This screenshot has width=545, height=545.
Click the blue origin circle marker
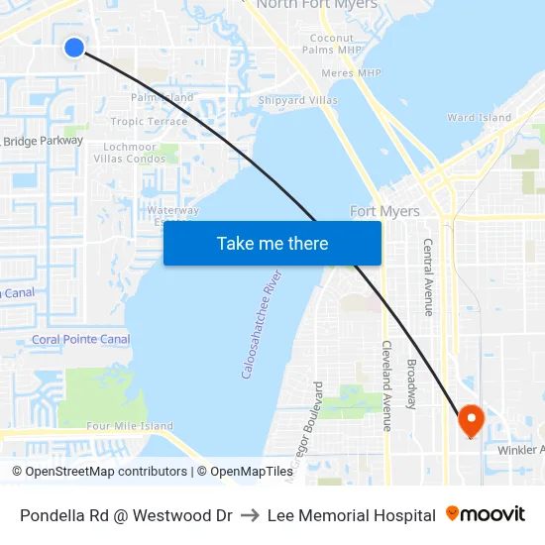click(x=74, y=47)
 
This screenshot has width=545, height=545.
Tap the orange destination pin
click(x=471, y=420)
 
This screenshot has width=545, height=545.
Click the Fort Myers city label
click(x=384, y=211)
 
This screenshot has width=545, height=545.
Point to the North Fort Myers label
click(x=317, y=5)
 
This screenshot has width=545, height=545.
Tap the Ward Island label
click(x=480, y=117)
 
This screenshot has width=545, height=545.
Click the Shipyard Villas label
click(x=297, y=100)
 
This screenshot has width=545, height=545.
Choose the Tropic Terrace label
click(x=149, y=122)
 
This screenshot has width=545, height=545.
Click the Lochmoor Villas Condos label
click(x=135, y=153)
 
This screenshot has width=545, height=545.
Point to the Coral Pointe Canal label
click(x=80, y=339)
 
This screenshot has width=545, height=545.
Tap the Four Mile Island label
click(x=130, y=426)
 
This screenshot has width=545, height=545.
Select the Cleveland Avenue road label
click(x=385, y=386)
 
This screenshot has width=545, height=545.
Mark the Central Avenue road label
click(x=428, y=276)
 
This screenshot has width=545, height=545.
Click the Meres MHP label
click(x=351, y=72)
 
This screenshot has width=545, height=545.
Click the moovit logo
click(x=486, y=514)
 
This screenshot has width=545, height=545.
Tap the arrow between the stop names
click(x=250, y=515)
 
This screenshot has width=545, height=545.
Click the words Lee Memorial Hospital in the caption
click(x=351, y=515)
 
